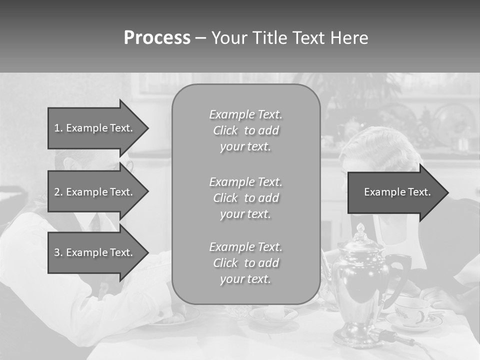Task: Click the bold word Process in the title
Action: (157, 38)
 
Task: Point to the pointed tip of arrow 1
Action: (147, 128)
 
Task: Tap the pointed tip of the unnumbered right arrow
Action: (447, 192)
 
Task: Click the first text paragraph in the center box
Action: (245, 130)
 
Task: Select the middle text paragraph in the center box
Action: (245, 198)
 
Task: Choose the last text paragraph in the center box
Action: (245, 263)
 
